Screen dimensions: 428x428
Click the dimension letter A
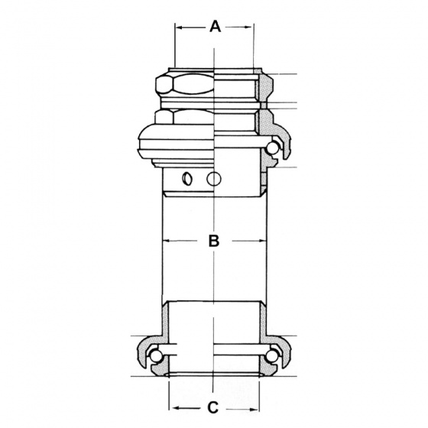pos(215,27)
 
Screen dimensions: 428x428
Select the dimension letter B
pos(215,242)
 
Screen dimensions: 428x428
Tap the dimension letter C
pos(215,407)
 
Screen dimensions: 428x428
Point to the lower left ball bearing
pos(156,356)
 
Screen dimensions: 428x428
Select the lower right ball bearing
pos(273,356)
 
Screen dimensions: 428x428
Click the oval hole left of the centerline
pos(186,180)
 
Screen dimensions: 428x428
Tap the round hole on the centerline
pos(215,180)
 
